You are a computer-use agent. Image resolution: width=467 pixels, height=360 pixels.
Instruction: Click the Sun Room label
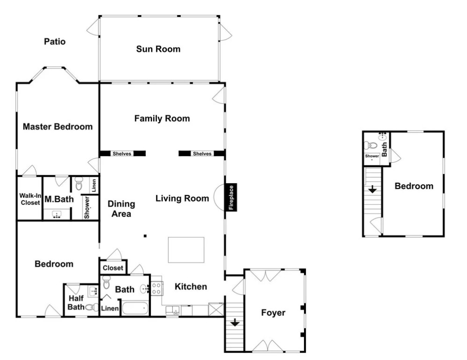(x=158, y=49)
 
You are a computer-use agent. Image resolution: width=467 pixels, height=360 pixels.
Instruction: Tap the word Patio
(x=55, y=41)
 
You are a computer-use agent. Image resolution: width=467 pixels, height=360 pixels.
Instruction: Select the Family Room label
(x=162, y=119)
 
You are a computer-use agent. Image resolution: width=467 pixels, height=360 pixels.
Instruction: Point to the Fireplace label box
(x=231, y=197)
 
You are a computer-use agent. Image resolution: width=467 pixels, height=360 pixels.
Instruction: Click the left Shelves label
(x=122, y=154)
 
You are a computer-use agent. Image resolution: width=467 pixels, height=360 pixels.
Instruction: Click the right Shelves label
(x=202, y=154)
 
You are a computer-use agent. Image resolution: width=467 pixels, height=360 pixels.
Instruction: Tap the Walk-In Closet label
(x=30, y=199)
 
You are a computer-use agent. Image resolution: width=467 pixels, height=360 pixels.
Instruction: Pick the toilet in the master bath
(x=79, y=184)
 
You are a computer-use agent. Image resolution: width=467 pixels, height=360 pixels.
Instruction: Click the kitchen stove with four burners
(x=156, y=288)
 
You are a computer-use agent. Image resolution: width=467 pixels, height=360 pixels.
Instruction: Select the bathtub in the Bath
(x=135, y=308)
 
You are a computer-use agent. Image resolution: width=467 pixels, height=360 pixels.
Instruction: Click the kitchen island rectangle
(x=186, y=250)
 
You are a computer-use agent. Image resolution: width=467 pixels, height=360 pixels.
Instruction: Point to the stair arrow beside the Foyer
(x=235, y=322)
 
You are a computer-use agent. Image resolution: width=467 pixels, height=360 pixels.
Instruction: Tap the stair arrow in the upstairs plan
(x=372, y=189)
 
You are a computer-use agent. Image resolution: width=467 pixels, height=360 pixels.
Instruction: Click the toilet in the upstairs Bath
(x=370, y=146)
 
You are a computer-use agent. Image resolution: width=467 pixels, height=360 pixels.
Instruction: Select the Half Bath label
(x=76, y=302)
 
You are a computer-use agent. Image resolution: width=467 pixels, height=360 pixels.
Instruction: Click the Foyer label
(x=273, y=313)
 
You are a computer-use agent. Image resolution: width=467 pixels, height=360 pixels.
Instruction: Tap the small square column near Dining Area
(x=145, y=236)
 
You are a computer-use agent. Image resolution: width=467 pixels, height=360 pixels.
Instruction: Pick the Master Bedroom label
(x=58, y=127)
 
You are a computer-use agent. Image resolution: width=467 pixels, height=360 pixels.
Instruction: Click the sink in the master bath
(x=57, y=215)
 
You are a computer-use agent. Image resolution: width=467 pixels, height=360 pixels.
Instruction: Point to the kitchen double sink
(x=173, y=310)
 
